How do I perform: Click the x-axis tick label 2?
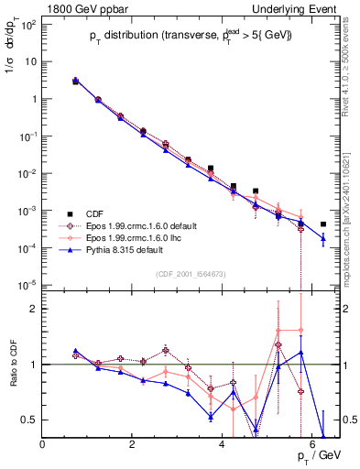tap(133, 445)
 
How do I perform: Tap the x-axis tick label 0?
tap(43, 445)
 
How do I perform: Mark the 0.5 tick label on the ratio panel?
tap(28, 420)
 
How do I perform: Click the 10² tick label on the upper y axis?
tap(27, 24)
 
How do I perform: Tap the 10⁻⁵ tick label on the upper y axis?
tap(27, 285)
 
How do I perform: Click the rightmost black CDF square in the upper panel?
tap(323, 224)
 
